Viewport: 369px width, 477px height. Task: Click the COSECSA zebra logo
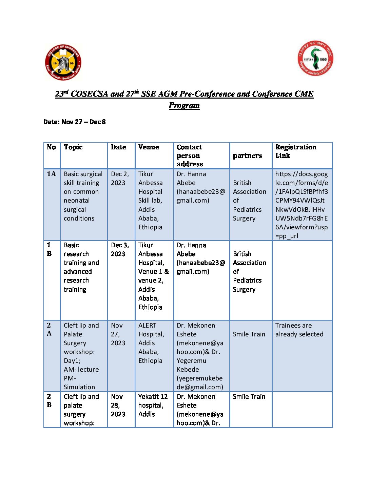pyautogui.click(x=63, y=63)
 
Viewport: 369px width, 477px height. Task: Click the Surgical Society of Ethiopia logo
pyautogui.click(x=315, y=59)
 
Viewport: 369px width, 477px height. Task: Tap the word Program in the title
pyautogui.click(x=184, y=105)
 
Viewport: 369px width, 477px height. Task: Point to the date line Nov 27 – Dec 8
pyautogui.click(x=75, y=122)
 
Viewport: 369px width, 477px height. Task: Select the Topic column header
pyautogui.click(x=73, y=147)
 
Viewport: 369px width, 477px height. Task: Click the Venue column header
pyautogui.click(x=149, y=147)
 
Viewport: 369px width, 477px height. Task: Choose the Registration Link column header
pyautogui.click(x=296, y=151)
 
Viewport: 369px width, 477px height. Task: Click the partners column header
pyautogui.click(x=247, y=155)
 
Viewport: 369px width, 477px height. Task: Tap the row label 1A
pyautogui.click(x=51, y=174)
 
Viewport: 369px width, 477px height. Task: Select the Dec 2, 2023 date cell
pyautogui.click(x=120, y=178)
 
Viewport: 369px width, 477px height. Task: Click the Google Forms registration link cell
pyautogui.click(x=302, y=205)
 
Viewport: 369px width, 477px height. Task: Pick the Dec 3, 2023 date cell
pyautogui.click(x=120, y=249)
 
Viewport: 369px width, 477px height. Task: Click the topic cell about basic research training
pyautogui.click(x=81, y=267)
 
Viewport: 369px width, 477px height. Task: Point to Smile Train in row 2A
pyautogui.click(x=249, y=334)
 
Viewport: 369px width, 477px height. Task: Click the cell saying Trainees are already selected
pyautogui.click(x=299, y=330)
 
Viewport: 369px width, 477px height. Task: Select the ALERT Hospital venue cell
pyautogui.click(x=151, y=343)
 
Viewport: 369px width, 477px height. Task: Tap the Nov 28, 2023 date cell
pyautogui.click(x=118, y=405)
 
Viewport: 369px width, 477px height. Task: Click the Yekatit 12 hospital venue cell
pyautogui.click(x=153, y=405)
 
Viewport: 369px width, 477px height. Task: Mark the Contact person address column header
pyautogui.click(x=190, y=155)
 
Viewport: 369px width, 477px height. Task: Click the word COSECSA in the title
pyautogui.click(x=90, y=94)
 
